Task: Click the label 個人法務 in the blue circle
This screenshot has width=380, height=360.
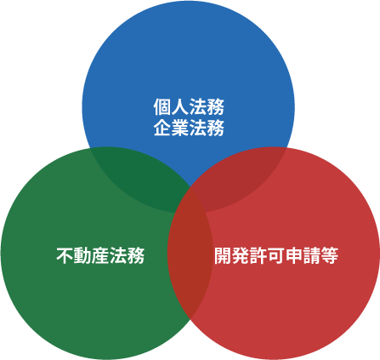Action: click(x=189, y=106)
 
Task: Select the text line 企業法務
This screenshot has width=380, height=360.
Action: click(x=189, y=128)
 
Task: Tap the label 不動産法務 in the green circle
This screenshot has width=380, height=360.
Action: click(x=100, y=255)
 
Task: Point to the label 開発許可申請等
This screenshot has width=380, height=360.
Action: click(x=276, y=255)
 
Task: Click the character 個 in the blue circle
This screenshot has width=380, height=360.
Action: click(x=162, y=106)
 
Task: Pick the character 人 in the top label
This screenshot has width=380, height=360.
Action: click(x=180, y=106)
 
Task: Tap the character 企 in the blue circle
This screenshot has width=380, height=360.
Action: click(x=162, y=128)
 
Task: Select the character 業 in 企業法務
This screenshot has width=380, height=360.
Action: click(x=180, y=128)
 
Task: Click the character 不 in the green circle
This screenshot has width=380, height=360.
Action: click(x=65, y=255)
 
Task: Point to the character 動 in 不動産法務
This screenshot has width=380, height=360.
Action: click(x=82, y=255)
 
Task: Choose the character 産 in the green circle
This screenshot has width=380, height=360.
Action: click(x=100, y=255)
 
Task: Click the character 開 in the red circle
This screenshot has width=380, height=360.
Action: click(x=223, y=255)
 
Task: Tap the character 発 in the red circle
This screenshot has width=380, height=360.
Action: click(x=241, y=255)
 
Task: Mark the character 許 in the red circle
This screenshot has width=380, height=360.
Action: click(x=258, y=255)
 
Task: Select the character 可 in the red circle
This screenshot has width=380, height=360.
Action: click(x=276, y=255)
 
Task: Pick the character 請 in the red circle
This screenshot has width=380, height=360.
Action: click(x=312, y=255)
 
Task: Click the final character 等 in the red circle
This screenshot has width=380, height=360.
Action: click(x=330, y=255)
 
